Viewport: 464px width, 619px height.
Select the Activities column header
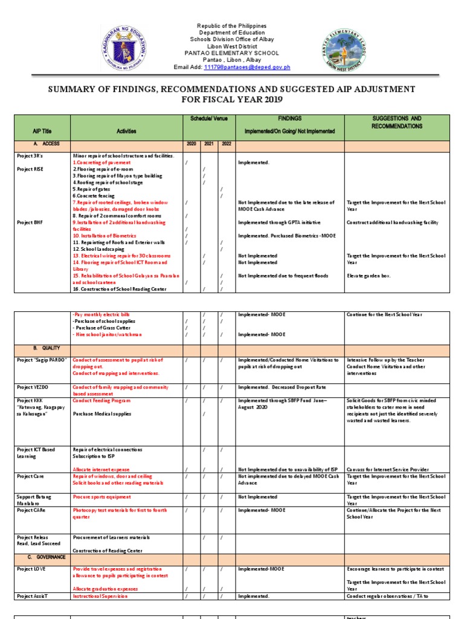pos(127,131)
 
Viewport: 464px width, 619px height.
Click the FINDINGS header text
pos(290,119)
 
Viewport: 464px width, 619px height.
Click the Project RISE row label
pos(30,169)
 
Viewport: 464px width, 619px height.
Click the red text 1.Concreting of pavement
pos(101,163)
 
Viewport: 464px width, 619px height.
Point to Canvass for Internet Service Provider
pos(387,470)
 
